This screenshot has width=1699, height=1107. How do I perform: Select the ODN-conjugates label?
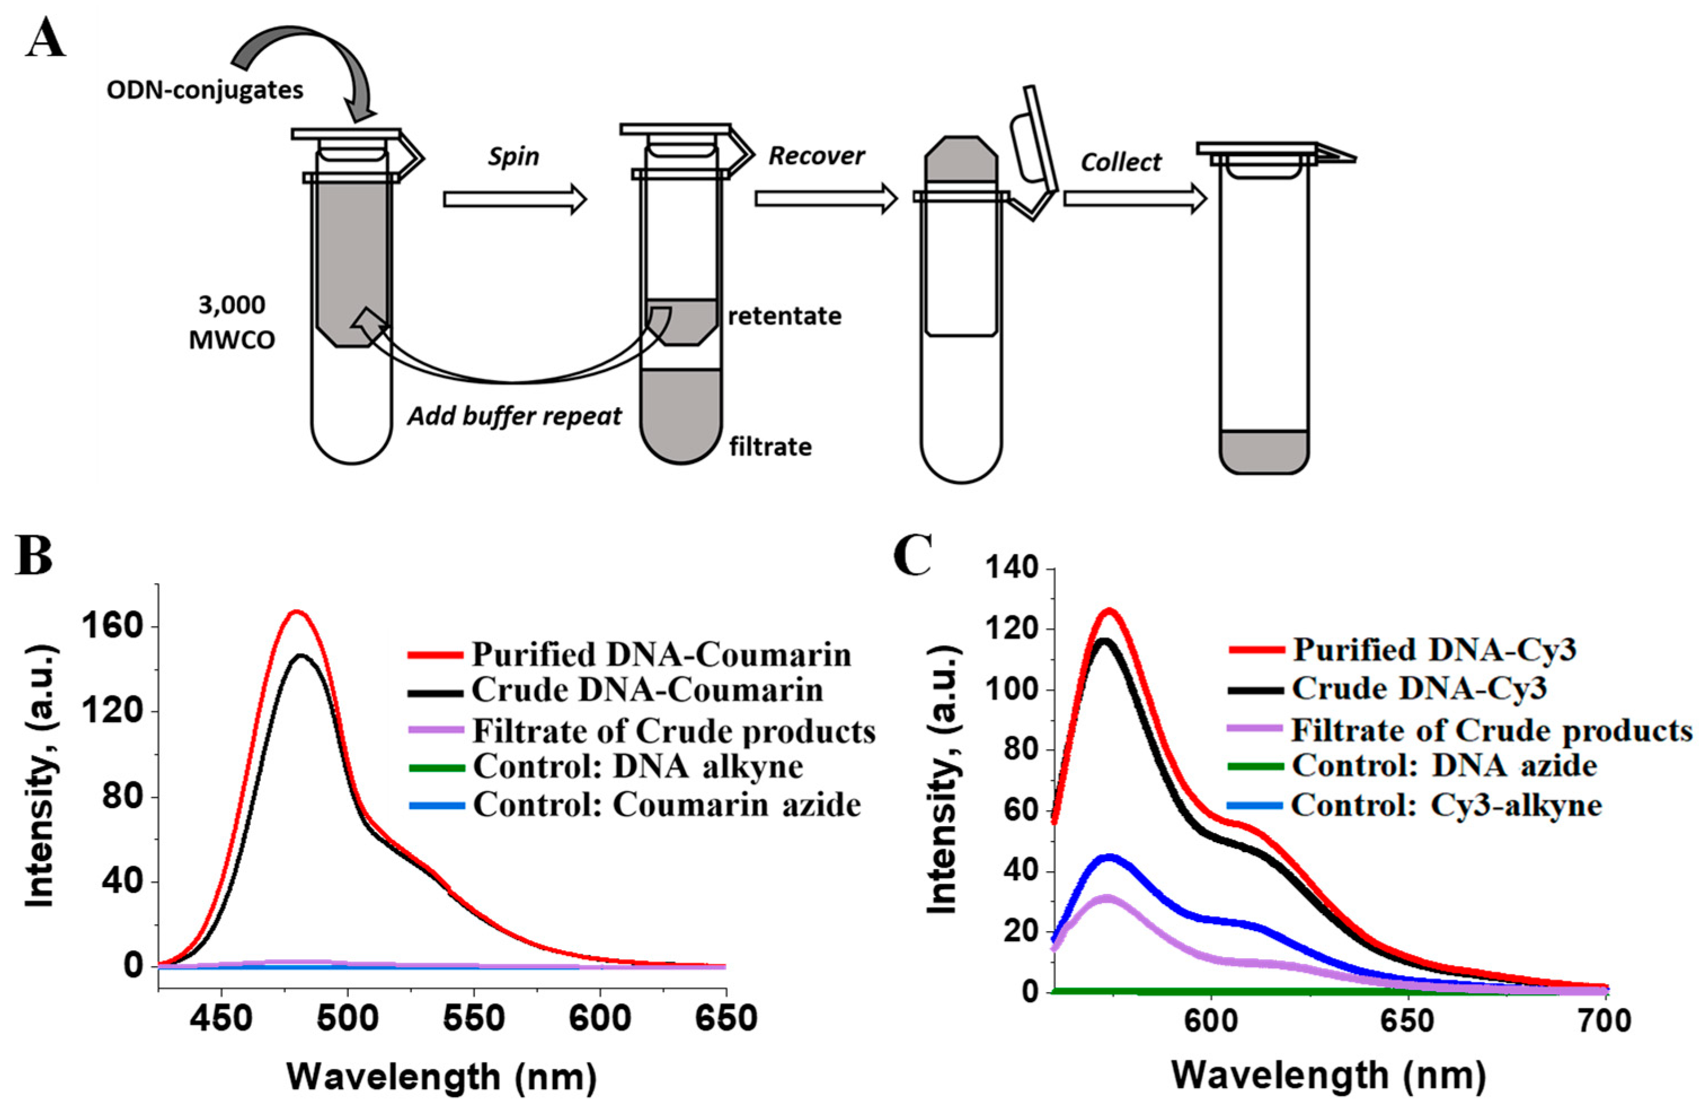[x=205, y=90]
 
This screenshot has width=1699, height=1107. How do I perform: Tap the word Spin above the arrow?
[x=513, y=156]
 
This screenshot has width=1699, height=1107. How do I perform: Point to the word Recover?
[x=816, y=155]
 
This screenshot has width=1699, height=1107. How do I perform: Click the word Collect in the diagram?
[x=1121, y=162]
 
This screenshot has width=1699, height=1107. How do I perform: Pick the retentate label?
[x=784, y=315]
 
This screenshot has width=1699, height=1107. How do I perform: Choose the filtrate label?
[x=770, y=447]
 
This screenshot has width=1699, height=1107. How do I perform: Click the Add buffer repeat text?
[x=514, y=415]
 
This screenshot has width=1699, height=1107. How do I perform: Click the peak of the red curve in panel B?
[x=296, y=611]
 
